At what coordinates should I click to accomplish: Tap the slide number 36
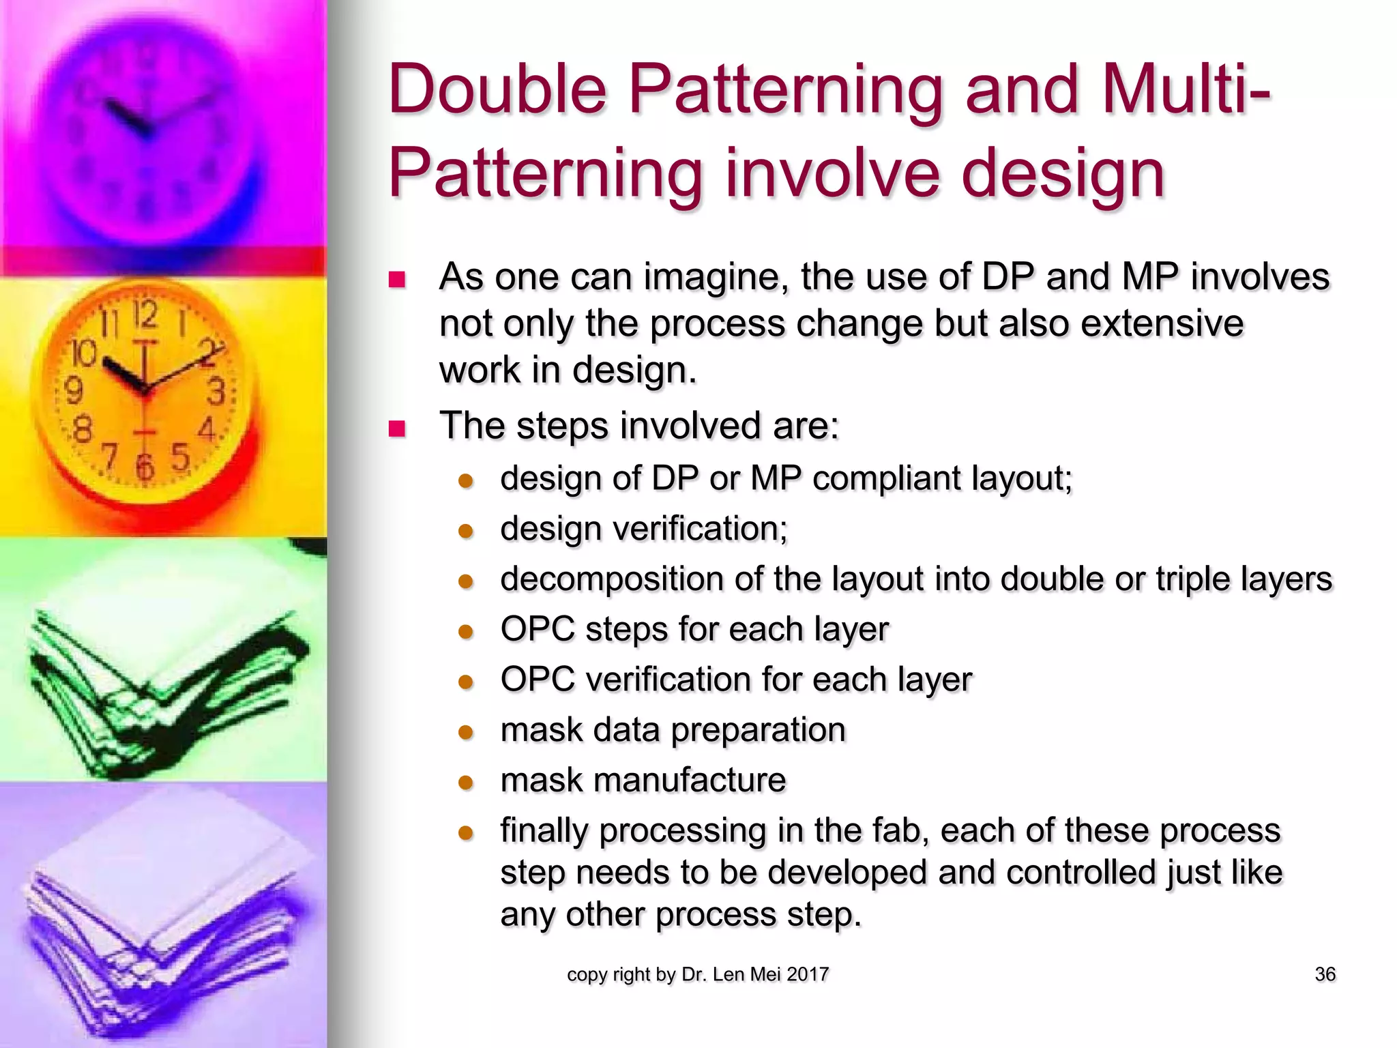coord(1325,974)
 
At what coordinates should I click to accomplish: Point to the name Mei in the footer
coord(765,974)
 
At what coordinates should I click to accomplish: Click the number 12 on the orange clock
coord(145,315)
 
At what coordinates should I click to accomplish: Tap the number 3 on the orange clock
coord(216,392)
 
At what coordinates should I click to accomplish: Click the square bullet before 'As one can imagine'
coord(397,280)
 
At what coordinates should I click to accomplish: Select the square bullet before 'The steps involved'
coord(397,428)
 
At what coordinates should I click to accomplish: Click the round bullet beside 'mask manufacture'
coord(466,783)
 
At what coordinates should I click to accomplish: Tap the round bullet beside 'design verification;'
coord(466,532)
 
